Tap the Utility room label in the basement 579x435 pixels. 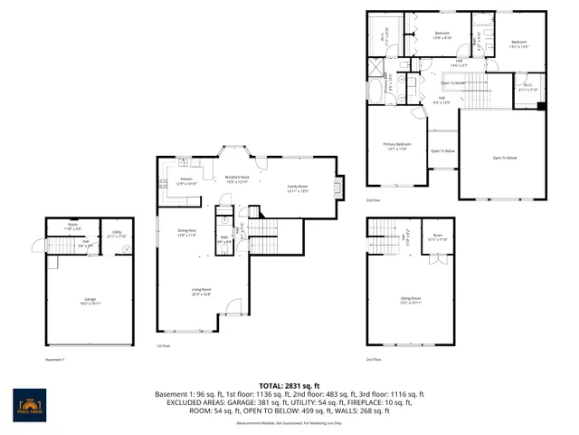(x=118, y=234)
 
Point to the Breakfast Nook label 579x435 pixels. (x=237, y=179)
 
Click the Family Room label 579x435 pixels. (x=299, y=188)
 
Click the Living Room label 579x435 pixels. (x=201, y=292)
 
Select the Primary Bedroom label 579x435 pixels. (x=398, y=146)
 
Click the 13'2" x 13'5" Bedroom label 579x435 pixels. (x=518, y=44)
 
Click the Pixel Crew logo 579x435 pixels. (x=33, y=401)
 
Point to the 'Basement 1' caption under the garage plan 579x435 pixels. (x=55, y=359)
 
